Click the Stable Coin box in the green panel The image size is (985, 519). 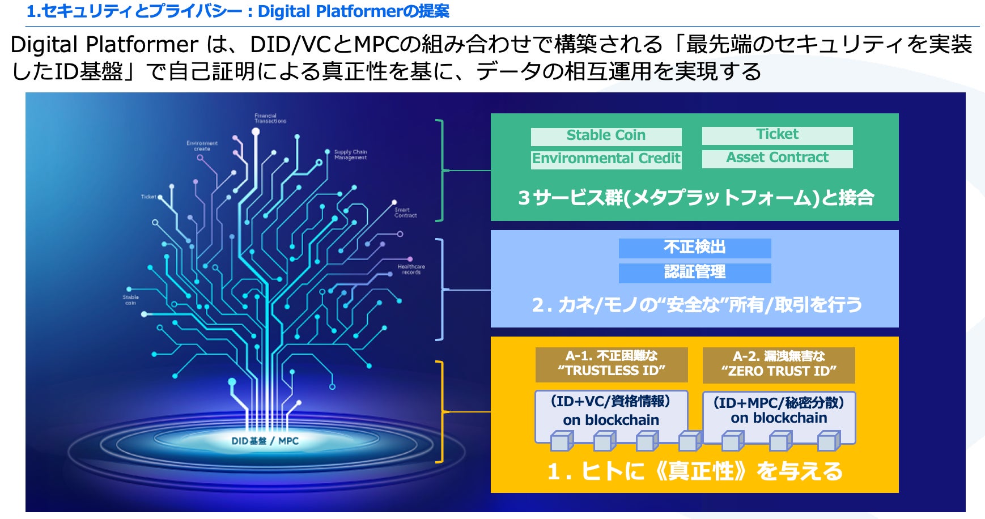tap(606, 136)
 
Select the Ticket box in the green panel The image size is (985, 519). tap(777, 135)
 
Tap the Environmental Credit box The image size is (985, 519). tap(606, 159)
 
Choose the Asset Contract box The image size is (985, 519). tap(777, 158)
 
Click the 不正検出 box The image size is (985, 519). tap(694, 248)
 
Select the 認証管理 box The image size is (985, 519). tap(694, 273)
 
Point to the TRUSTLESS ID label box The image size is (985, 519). tap(611, 364)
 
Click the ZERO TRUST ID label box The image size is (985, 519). tap(778, 364)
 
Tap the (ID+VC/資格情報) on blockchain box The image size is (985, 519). tap(611, 411)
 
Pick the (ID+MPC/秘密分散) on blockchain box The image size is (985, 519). tap(779, 411)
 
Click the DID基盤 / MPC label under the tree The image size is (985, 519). tap(265, 441)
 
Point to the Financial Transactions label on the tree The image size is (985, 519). tap(270, 118)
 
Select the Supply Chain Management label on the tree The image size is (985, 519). tap(350, 155)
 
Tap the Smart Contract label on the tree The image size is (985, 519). tap(405, 212)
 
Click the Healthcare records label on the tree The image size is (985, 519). tap(411, 269)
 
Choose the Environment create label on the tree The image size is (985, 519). tap(202, 146)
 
